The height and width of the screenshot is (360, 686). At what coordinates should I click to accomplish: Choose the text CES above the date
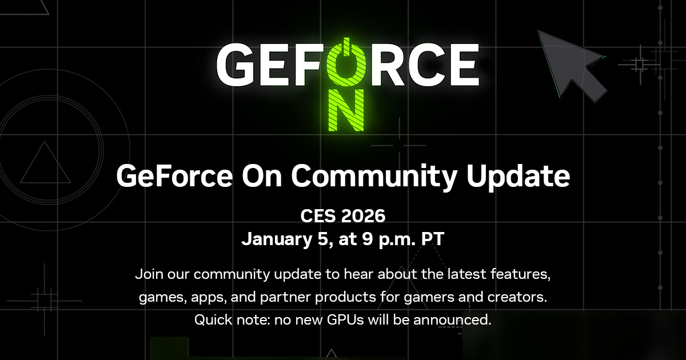(x=317, y=217)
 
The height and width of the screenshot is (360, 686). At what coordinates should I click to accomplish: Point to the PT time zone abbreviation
(x=433, y=239)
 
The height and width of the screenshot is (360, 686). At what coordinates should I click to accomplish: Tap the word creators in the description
(x=515, y=297)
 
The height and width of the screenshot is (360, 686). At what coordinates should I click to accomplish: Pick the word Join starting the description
(x=148, y=274)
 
